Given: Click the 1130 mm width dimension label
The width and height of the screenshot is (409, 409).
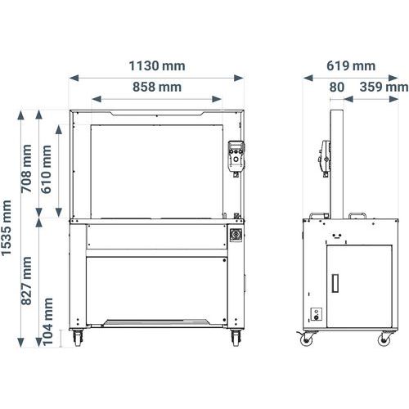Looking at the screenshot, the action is click(x=157, y=66).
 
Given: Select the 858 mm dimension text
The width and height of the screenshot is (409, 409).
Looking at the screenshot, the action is click(x=157, y=87).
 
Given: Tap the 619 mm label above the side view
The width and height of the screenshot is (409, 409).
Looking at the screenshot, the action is click(x=351, y=66).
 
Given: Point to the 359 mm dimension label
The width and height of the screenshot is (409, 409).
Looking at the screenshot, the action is click(x=384, y=87).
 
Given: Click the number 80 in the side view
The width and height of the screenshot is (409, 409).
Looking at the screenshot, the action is click(x=337, y=87).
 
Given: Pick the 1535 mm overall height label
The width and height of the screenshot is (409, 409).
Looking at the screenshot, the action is click(x=7, y=228).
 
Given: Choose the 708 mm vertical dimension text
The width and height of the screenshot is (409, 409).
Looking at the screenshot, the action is click(x=26, y=169).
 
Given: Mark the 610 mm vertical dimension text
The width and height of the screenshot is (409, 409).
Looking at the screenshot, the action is click(x=46, y=169).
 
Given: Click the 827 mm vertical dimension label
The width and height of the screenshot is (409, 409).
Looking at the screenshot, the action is click(x=26, y=281).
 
